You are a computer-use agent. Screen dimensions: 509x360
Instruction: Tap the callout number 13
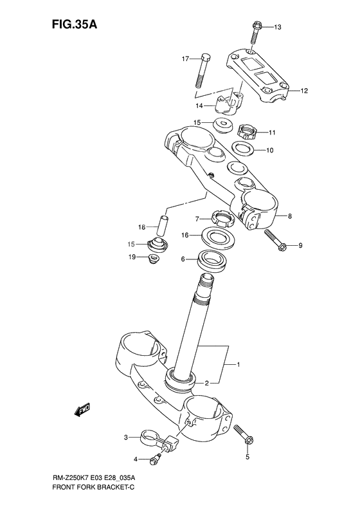(278, 27)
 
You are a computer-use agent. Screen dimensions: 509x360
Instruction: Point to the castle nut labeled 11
(248, 132)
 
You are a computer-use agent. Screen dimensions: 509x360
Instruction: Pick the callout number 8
(290, 216)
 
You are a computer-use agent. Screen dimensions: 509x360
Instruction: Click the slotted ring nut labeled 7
(221, 220)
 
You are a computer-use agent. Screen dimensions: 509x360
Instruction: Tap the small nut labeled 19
(154, 259)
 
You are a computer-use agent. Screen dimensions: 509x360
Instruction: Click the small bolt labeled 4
(154, 459)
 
